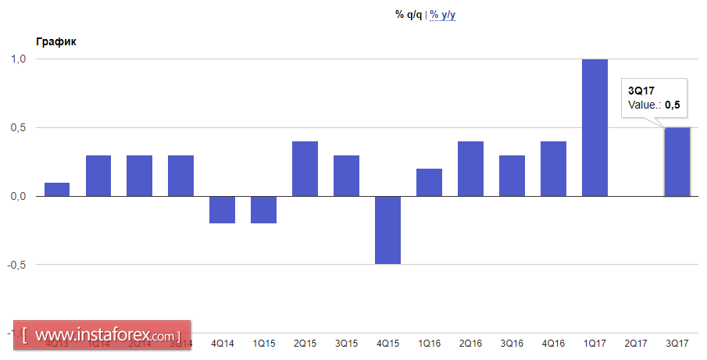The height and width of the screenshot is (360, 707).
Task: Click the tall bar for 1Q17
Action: point(595,127)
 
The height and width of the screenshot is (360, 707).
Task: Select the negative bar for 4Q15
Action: point(387,230)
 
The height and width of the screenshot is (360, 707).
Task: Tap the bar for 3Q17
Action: point(677,162)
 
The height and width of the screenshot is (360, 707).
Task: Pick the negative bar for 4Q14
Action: point(222,209)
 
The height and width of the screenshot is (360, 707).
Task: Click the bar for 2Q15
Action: point(305,169)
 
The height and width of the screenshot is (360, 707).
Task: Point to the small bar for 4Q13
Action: point(57,189)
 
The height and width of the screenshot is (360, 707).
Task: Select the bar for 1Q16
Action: point(429,182)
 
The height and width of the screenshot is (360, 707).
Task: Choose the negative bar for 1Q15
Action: point(263,209)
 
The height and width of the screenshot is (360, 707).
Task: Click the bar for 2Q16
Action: point(470,169)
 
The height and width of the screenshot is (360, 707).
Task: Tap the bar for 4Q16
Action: point(553,169)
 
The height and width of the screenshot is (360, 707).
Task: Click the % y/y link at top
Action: point(442,15)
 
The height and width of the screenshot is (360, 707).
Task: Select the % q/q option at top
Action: point(409,15)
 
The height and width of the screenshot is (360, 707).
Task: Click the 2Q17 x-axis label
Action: point(636,344)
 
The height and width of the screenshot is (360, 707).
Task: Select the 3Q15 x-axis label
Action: point(346,344)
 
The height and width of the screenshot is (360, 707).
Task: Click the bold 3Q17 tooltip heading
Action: point(641,91)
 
